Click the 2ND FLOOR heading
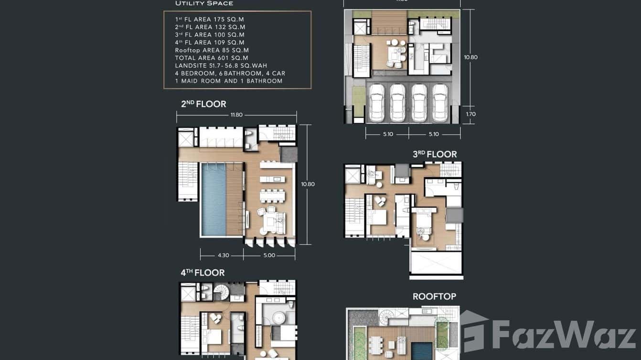click(x=203, y=104)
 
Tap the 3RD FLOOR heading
click(x=435, y=154)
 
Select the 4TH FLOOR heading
click(x=203, y=273)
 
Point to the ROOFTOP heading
click(x=434, y=297)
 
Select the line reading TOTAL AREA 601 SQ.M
click(x=212, y=58)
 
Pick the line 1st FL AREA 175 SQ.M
click(x=210, y=19)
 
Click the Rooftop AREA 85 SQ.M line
click(x=212, y=50)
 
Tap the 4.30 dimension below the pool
click(x=223, y=255)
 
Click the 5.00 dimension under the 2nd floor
click(x=269, y=255)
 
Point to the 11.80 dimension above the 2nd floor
click(x=236, y=115)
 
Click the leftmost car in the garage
click(x=376, y=103)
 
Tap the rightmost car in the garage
click(x=441, y=103)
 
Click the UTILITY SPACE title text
click(x=204, y=3)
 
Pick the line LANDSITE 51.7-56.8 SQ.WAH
click(x=221, y=65)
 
